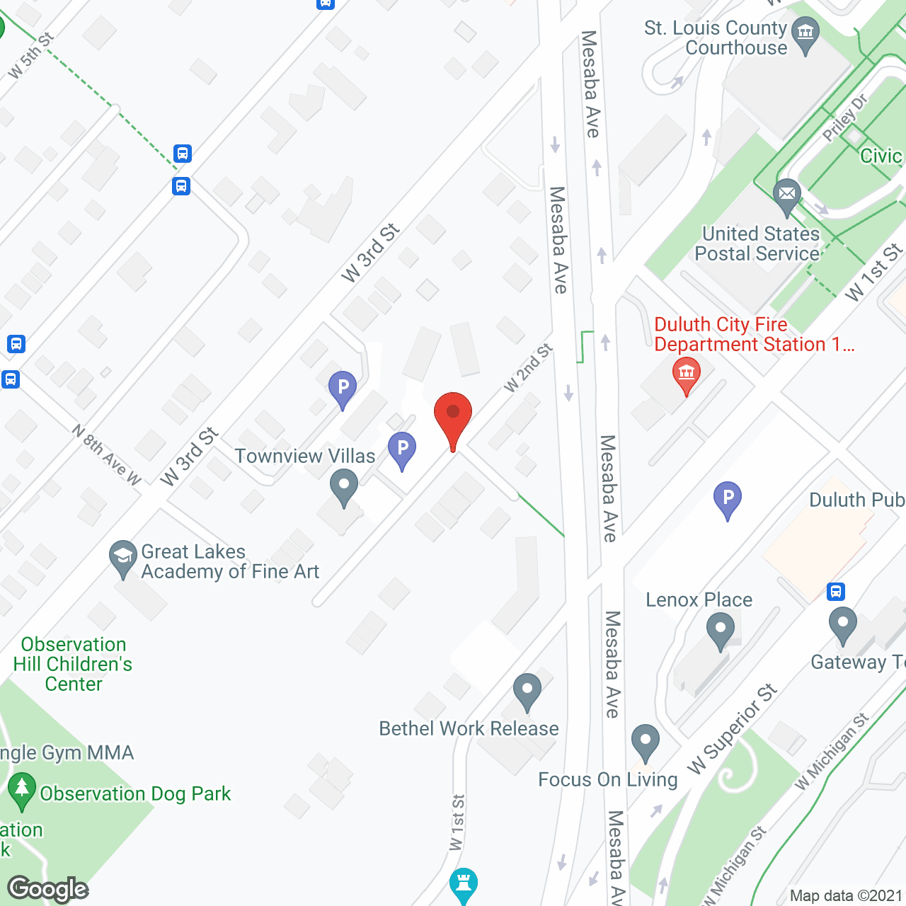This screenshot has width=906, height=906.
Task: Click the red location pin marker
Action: (452, 418)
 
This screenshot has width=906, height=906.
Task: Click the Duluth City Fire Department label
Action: (753, 334)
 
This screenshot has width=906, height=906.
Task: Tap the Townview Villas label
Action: (304, 456)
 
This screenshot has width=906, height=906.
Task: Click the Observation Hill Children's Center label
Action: (73, 664)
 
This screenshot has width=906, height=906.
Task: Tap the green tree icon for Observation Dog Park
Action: (21, 789)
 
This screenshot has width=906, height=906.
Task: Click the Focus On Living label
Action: (607, 779)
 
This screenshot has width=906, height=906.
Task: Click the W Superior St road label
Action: (732, 729)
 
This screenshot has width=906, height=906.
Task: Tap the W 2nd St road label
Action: (527, 368)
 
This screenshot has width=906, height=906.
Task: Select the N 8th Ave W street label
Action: (107, 455)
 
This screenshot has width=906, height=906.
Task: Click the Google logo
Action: (48, 889)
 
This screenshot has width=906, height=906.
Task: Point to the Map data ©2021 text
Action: (846, 895)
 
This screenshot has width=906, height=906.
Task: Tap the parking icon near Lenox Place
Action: (727, 499)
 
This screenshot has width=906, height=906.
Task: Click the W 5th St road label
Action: (30, 57)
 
